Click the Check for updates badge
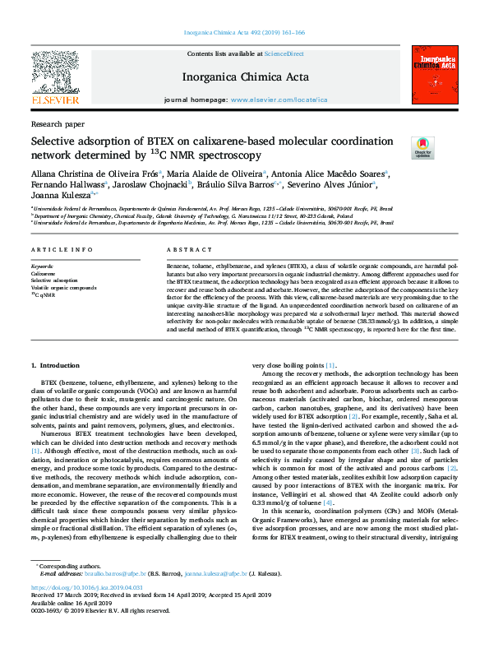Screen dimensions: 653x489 coord(422,147)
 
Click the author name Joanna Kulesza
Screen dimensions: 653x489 coord(60,195)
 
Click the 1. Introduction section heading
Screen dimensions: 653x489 coord(55,364)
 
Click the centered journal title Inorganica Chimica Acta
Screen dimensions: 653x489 coord(245,77)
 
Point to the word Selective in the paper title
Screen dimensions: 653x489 coord(58,141)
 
